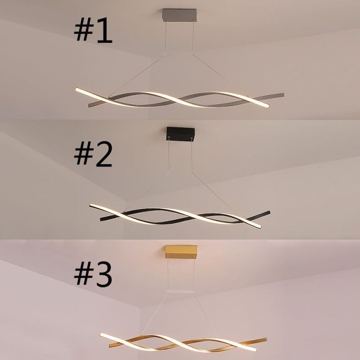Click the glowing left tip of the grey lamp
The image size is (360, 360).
tap(76, 90)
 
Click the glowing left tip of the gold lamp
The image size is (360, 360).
tap(101, 335)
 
